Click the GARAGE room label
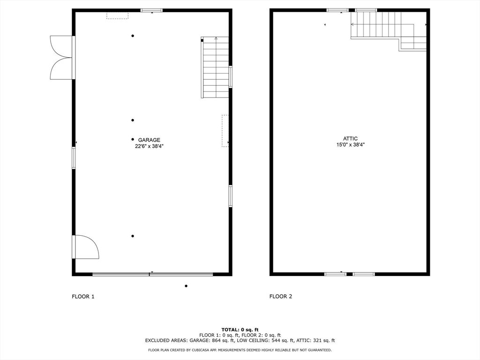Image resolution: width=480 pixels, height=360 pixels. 149,140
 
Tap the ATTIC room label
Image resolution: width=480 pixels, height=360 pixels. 350,139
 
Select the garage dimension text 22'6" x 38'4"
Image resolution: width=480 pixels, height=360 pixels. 150,146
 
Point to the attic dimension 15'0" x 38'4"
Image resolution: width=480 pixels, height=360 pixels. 351,145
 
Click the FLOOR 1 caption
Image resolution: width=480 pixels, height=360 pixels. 83,296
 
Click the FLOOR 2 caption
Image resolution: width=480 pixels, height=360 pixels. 281,296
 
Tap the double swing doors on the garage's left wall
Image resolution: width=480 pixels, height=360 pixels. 62,58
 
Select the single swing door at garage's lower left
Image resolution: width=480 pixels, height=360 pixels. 86,247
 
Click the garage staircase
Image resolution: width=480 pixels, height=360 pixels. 215,67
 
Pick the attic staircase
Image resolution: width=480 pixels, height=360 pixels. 389,30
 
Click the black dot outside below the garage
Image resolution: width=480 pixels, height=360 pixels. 186,286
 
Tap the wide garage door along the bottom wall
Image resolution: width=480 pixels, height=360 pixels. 152,274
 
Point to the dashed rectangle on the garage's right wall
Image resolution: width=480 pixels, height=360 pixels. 225,131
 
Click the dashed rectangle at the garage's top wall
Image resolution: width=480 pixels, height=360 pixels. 117,15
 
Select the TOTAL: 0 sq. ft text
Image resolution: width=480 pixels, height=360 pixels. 240,330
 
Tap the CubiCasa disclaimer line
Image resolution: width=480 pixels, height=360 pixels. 240,350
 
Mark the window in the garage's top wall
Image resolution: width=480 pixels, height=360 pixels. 151,10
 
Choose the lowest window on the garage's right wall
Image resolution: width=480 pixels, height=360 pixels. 231,196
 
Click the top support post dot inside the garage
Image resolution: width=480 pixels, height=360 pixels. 133,36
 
